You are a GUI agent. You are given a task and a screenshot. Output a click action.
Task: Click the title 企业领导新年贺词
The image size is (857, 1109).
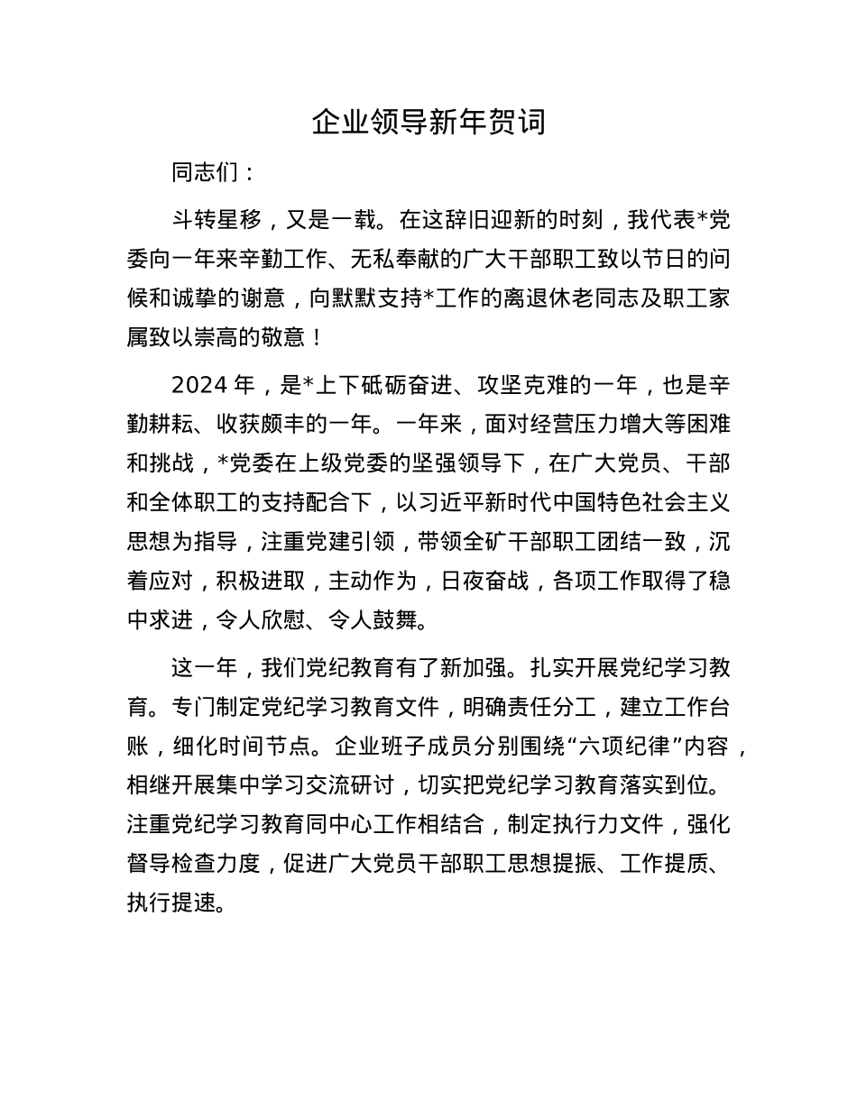pyautogui.click(x=428, y=122)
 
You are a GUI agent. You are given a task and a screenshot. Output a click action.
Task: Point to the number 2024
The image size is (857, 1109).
pyautogui.click(x=198, y=386)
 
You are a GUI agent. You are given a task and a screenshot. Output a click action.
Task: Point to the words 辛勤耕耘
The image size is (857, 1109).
pyautogui.click(x=170, y=426)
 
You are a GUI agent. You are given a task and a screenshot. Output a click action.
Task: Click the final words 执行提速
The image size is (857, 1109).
pyautogui.click(x=170, y=903)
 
